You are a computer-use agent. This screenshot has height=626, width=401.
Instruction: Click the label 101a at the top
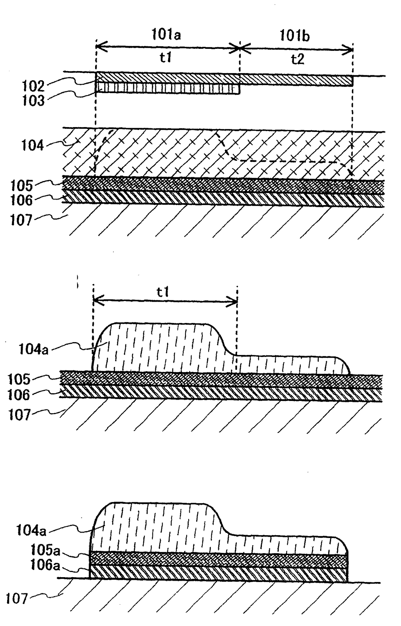tap(166, 35)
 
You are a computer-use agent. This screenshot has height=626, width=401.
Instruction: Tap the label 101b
tap(294, 36)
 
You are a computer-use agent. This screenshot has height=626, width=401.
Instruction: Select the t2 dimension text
tap(298, 59)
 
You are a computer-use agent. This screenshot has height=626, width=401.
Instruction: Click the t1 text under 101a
tap(166, 58)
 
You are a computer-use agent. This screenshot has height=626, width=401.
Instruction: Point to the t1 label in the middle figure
tap(163, 292)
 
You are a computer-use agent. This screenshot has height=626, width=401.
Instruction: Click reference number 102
tap(33, 86)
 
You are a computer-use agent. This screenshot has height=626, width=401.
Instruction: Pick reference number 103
tap(33, 101)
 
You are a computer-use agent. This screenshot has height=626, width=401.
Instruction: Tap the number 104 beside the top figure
tap(32, 146)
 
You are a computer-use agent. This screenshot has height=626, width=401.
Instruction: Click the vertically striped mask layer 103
tap(168, 89)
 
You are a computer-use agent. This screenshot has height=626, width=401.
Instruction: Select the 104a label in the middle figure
tap(34, 350)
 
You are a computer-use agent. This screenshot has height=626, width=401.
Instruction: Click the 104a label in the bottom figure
tap(31, 531)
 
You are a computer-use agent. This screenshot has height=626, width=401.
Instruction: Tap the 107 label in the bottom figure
tap(17, 599)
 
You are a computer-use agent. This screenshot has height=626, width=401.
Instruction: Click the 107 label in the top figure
tap(21, 221)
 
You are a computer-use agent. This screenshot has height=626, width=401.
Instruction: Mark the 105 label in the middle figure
tap(19, 379)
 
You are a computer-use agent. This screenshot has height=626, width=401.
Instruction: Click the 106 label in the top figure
tap(21, 200)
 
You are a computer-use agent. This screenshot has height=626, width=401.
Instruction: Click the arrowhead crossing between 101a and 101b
tap(240, 49)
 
